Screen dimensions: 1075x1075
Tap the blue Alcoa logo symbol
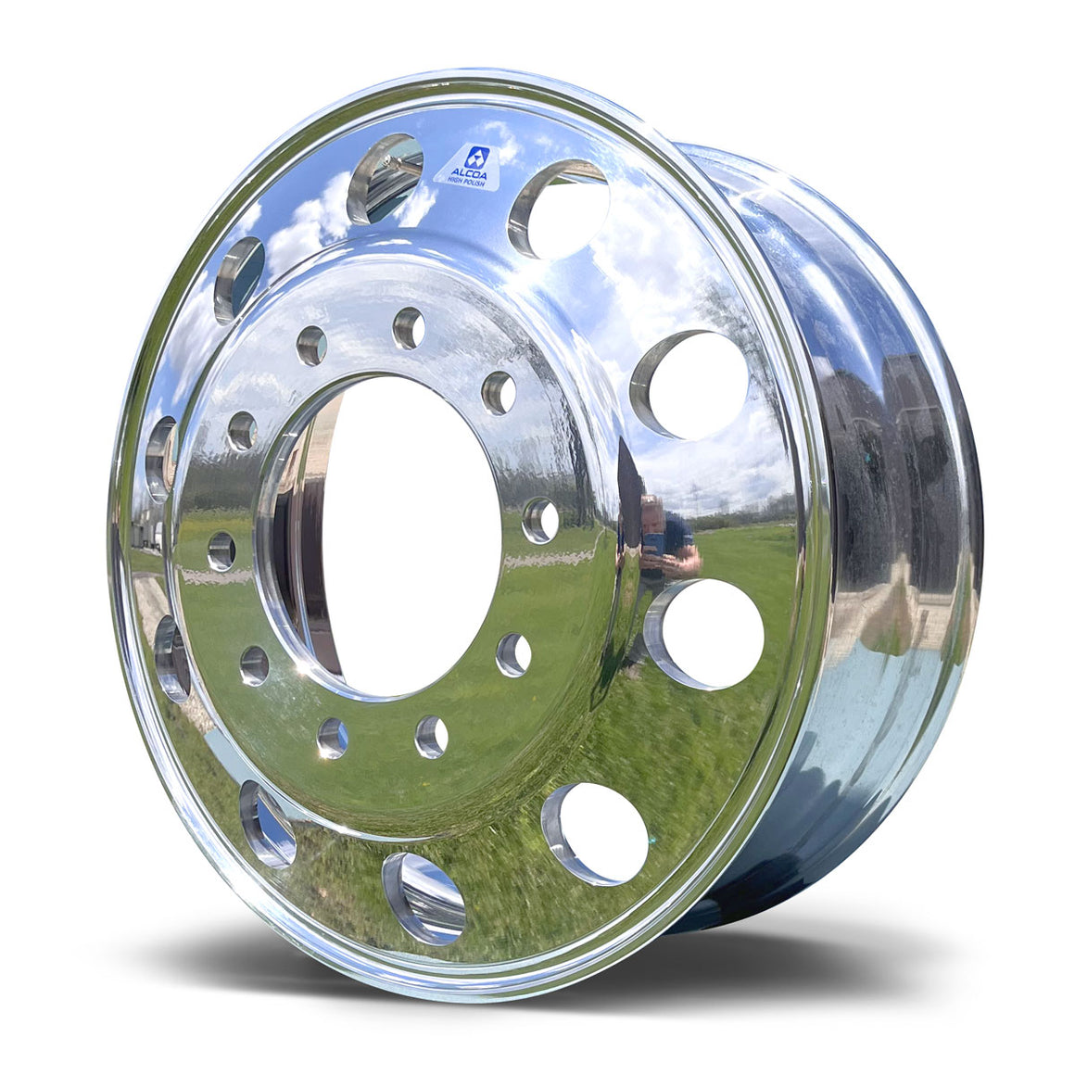(x=477, y=155)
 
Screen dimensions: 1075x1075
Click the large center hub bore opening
(x=408, y=537)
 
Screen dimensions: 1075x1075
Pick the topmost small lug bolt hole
(x=409, y=328)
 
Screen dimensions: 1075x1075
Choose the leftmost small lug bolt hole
(x=221, y=550)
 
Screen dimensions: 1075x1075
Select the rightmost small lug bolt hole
(x=540, y=519)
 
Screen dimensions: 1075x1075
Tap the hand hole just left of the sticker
(x=385, y=177)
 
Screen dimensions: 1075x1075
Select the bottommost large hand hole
(x=423, y=898)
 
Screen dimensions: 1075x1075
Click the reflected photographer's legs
(x=639, y=639)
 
